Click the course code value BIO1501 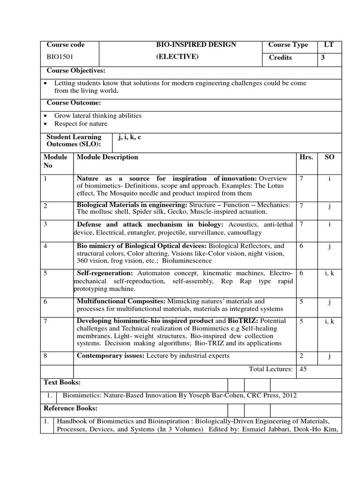click(60, 58)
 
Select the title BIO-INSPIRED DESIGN click(196, 45)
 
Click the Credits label click(280, 58)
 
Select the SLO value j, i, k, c click(130, 137)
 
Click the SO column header click(330, 157)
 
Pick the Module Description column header click(107, 157)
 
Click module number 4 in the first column click(45, 246)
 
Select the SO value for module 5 click(330, 273)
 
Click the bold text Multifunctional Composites click(120, 301)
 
